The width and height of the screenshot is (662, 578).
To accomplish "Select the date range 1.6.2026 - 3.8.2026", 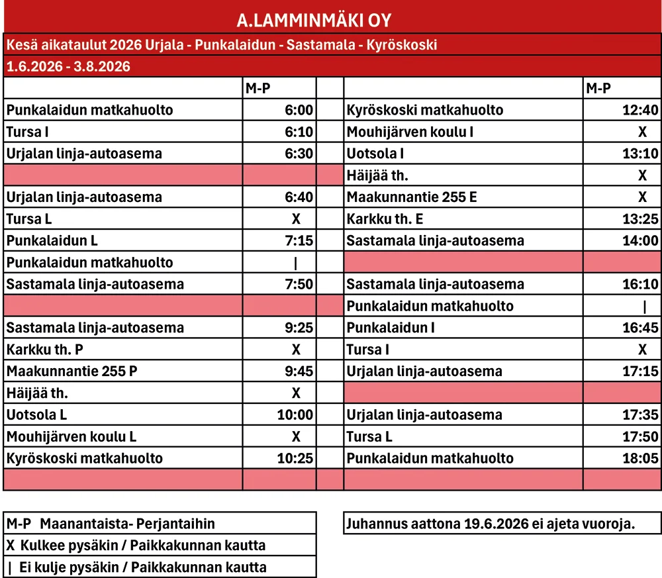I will tap(68, 66).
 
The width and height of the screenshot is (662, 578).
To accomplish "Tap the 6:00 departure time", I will tap(299, 110).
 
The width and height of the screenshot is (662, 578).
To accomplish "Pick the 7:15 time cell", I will tap(299, 241).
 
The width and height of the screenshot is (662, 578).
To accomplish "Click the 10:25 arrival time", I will tap(296, 459).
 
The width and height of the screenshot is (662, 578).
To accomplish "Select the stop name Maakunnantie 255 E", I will tap(412, 197).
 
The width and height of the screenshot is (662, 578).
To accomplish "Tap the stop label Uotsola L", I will tap(37, 415).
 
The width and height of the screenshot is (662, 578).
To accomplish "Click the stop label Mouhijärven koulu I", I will tap(410, 132).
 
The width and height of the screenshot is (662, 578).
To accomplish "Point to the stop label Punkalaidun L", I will tap(52, 241).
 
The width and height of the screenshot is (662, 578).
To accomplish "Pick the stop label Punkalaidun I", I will tap(391, 328).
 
